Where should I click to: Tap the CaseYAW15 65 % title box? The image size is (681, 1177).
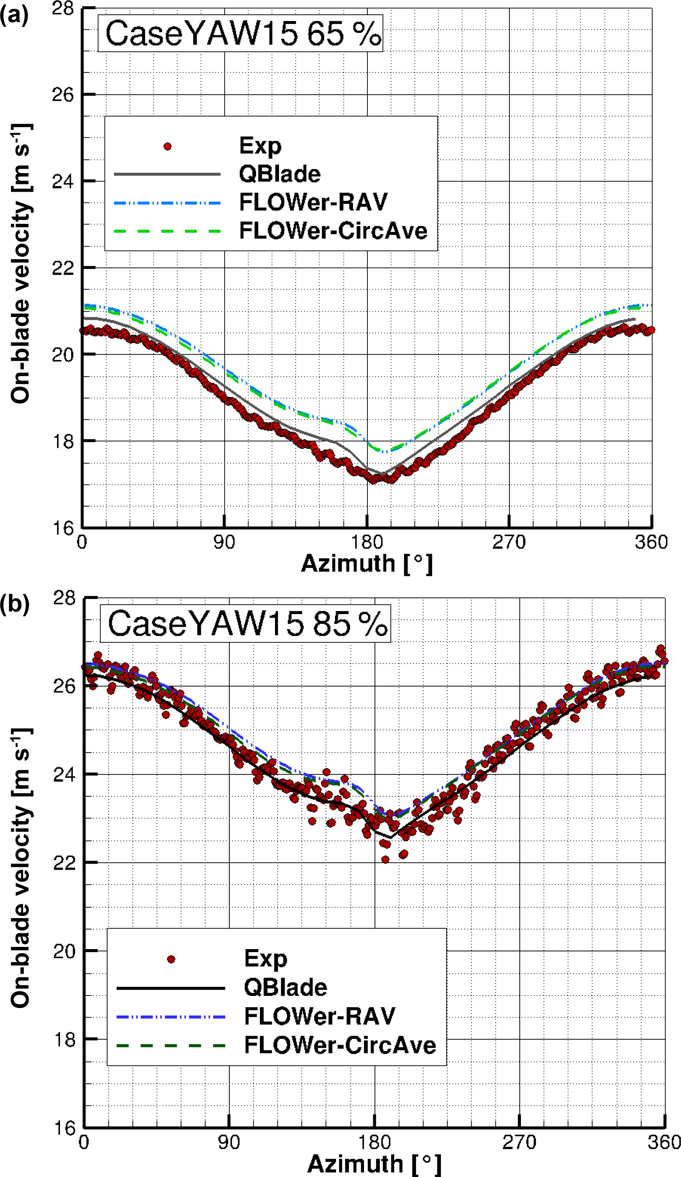click(x=240, y=33)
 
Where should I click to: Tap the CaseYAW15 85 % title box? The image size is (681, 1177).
click(x=245, y=624)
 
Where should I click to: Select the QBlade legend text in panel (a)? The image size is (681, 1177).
click(x=279, y=174)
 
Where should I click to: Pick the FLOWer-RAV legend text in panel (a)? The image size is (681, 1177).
click(x=313, y=202)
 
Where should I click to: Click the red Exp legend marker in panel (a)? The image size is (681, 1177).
click(x=167, y=147)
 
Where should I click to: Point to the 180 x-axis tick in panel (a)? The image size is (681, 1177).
click(x=367, y=542)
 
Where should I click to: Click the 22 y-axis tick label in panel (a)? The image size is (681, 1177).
click(x=63, y=268)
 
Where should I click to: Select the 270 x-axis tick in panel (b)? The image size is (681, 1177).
click(x=519, y=1142)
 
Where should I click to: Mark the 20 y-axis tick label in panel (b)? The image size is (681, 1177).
click(x=64, y=951)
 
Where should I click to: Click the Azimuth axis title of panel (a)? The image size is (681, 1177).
click(x=367, y=563)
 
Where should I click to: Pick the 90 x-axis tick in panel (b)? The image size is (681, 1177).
click(x=229, y=1142)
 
